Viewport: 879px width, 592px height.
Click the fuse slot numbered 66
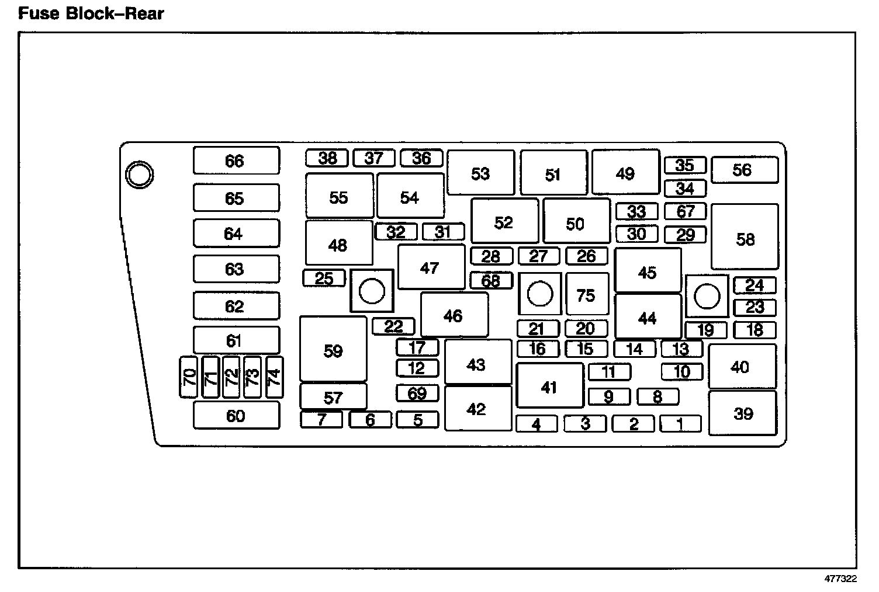236,161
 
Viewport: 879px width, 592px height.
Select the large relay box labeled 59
333,350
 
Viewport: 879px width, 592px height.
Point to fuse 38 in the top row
327,158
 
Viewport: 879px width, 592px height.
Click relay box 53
480,173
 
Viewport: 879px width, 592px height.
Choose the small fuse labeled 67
685,211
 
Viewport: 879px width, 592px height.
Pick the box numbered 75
586,294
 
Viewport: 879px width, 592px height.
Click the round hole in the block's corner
140,174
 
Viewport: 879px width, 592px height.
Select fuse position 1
680,423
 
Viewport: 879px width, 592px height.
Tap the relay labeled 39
742,413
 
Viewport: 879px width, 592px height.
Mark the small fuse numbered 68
491,280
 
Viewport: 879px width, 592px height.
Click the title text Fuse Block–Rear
91,13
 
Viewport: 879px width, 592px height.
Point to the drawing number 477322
840,579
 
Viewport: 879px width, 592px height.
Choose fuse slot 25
324,278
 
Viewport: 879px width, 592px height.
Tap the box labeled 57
333,396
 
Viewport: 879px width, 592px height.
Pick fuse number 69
417,393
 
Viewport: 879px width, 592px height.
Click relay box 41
549,386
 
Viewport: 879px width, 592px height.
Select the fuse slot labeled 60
236,415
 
